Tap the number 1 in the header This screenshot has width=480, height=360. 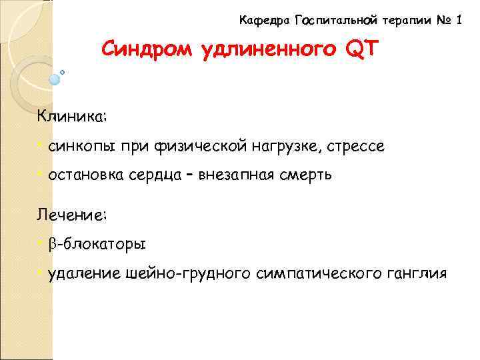tap(459, 21)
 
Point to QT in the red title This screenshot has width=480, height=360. tap(359, 50)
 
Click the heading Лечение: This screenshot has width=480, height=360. tap(72, 215)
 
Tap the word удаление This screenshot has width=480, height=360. tap(83, 273)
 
